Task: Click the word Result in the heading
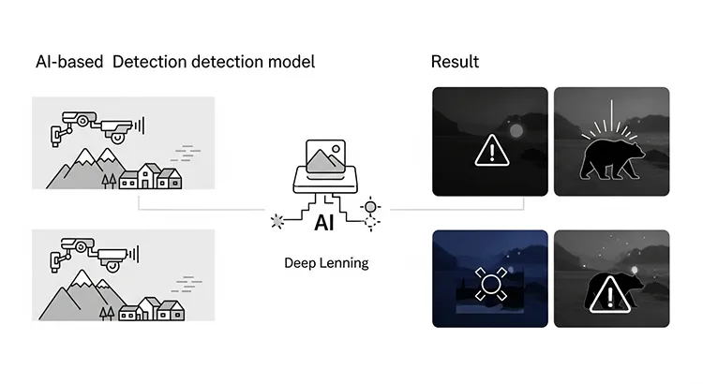(455, 62)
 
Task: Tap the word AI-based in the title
(68, 62)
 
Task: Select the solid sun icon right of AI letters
(371, 207)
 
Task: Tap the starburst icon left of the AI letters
(277, 222)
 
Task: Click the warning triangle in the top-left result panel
(489, 150)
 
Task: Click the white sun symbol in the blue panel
(489, 283)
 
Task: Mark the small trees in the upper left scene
(109, 180)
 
